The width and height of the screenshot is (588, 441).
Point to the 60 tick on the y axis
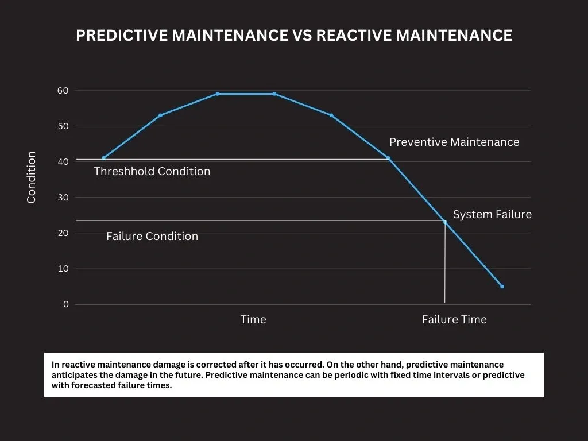pyautogui.click(x=63, y=91)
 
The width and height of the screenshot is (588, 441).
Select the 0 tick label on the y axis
pyautogui.click(x=65, y=304)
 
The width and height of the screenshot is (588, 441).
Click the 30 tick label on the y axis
pyautogui.click(x=63, y=198)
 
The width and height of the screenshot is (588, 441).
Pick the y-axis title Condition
pyautogui.click(x=32, y=177)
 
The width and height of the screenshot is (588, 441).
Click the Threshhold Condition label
pyautogui.click(x=152, y=172)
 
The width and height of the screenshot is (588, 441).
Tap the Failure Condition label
pyautogui.click(x=152, y=237)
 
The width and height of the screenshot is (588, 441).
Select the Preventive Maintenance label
pyautogui.click(x=454, y=142)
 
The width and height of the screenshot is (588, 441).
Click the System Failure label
pyautogui.click(x=492, y=215)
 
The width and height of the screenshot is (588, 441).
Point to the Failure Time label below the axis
pyautogui.click(x=454, y=320)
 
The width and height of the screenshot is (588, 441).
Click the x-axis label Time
pyautogui.click(x=253, y=320)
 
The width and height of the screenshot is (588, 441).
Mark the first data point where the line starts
pyautogui.click(x=103, y=158)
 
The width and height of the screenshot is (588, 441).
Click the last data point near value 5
pyautogui.click(x=502, y=287)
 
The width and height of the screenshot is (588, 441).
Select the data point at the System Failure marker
pyautogui.click(x=445, y=222)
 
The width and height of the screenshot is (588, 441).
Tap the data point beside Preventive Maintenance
pyautogui.click(x=388, y=158)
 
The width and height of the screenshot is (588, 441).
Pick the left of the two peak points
pyautogui.click(x=217, y=94)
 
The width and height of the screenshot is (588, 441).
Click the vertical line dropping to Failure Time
pyautogui.click(x=445, y=264)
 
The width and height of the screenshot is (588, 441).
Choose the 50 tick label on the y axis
pyautogui.click(x=63, y=126)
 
